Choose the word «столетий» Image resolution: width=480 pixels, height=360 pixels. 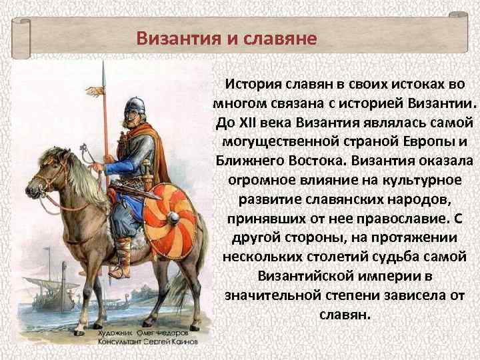click(x=326, y=257)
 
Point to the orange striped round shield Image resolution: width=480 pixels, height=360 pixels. click(x=171, y=221)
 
